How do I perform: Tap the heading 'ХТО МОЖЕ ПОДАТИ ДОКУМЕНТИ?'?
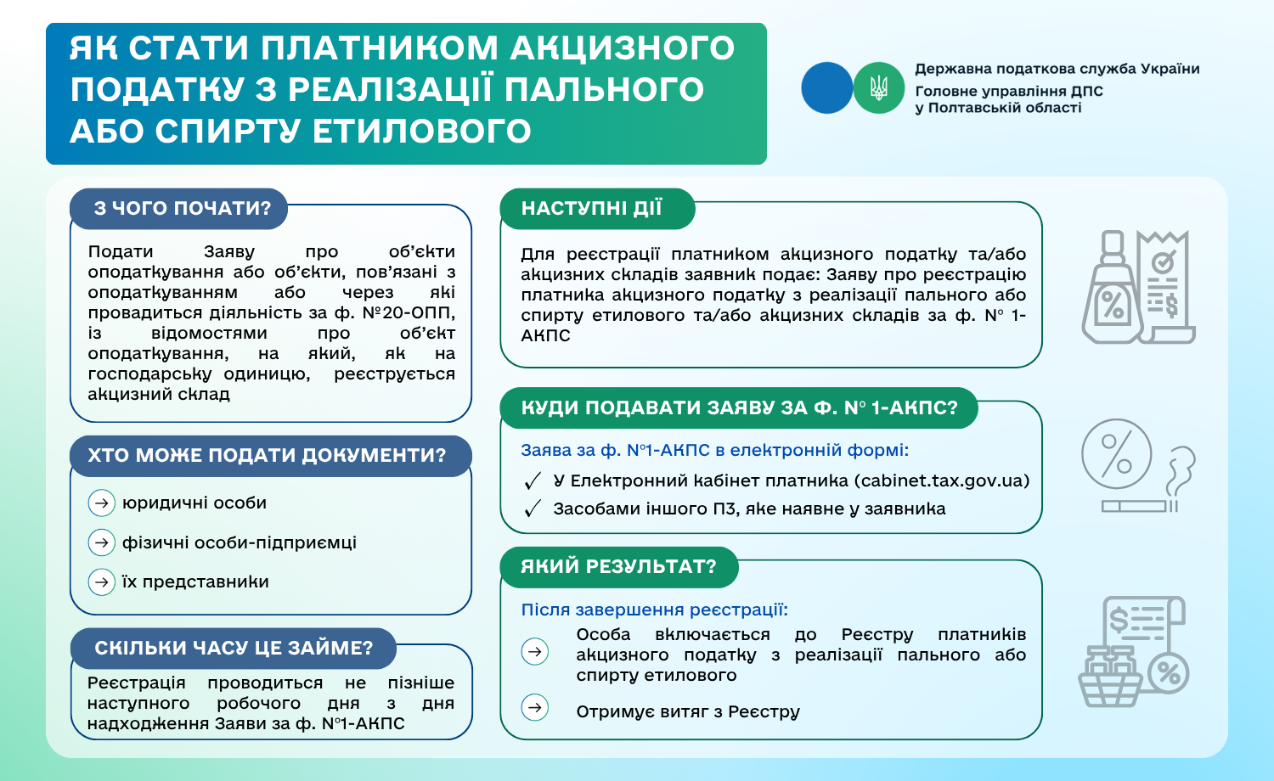(x=267, y=455)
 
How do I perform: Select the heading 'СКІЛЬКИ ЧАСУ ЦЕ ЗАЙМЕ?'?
(x=234, y=648)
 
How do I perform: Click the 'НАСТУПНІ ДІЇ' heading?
(x=592, y=209)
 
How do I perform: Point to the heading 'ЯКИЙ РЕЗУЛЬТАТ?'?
(x=618, y=566)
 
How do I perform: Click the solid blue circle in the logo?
(x=826, y=87)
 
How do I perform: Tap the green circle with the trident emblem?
(x=878, y=87)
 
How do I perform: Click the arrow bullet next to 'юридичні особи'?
(x=102, y=503)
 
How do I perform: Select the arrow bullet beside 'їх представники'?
(x=102, y=582)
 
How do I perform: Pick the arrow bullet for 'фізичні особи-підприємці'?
(x=102, y=542)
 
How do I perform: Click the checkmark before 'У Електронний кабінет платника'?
(x=533, y=481)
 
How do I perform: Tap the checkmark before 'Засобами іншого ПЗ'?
(x=533, y=509)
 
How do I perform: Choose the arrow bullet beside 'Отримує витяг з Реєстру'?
(x=535, y=707)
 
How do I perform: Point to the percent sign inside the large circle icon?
(x=1116, y=454)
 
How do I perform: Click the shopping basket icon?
(x=1109, y=678)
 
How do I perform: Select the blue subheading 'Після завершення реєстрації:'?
(x=654, y=610)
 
